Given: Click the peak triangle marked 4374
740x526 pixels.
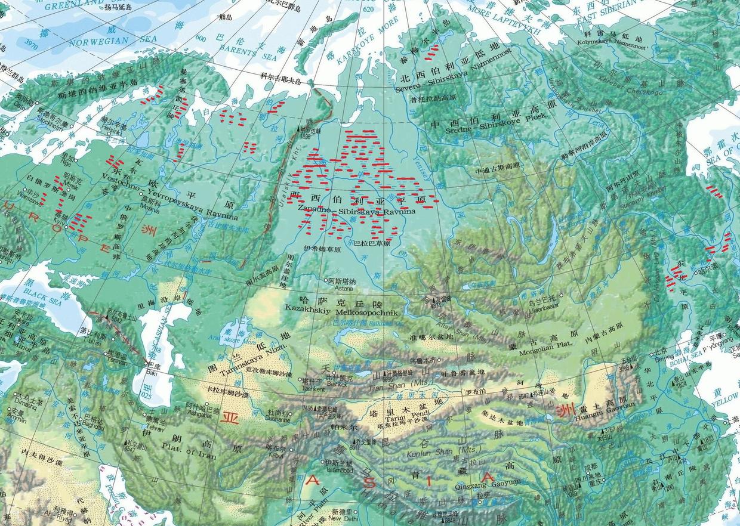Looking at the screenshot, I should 431,298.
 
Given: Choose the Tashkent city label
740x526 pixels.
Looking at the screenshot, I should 314,389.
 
